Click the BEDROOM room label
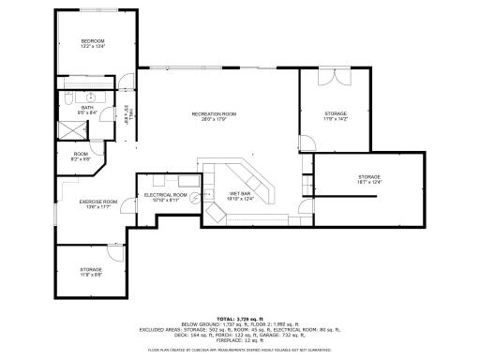click(92, 40)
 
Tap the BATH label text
click(87, 108)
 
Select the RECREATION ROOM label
click(214, 114)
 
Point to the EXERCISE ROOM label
click(97, 202)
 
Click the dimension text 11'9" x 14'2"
click(335, 119)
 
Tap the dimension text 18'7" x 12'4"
click(368, 182)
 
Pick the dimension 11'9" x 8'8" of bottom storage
click(90, 275)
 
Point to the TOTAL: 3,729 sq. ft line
click(239, 318)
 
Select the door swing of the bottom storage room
click(113, 253)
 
